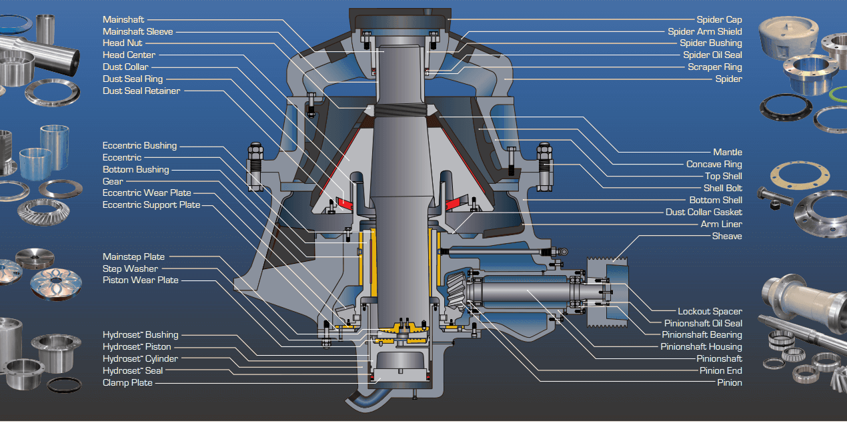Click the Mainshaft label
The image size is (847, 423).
(x=123, y=20)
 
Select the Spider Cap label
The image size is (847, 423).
(x=719, y=20)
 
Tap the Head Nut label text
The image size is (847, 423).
(x=122, y=43)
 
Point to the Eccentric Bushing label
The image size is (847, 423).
(x=139, y=146)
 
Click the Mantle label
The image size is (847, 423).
(x=727, y=153)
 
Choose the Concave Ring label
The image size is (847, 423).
(x=714, y=165)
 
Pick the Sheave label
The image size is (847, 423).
(x=726, y=236)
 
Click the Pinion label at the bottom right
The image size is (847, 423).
(x=729, y=383)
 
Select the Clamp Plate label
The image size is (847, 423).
(x=127, y=383)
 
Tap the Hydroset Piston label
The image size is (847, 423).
(x=137, y=347)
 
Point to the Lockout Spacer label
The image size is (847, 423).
(x=710, y=312)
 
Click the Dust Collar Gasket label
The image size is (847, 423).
(x=704, y=212)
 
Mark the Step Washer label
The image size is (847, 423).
(x=130, y=269)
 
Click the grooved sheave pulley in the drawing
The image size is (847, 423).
(x=606, y=292)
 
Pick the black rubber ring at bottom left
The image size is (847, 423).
(x=65, y=384)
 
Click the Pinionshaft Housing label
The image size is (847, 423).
(x=701, y=347)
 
